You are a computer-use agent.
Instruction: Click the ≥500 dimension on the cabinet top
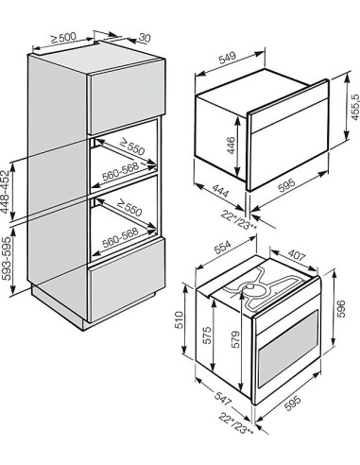(x=63, y=38)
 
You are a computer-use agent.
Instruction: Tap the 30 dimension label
(x=145, y=38)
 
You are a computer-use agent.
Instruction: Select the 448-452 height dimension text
(x=6, y=192)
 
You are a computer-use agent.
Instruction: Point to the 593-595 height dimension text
(x=6, y=258)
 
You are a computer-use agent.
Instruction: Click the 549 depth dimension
(x=227, y=59)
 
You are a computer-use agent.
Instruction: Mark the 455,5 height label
(x=355, y=107)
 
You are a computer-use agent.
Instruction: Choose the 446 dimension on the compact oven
(x=231, y=146)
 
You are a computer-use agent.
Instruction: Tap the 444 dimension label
(x=220, y=191)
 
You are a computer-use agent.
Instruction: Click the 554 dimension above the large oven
(x=223, y=248)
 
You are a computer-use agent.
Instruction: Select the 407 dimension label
(x=297, y=255)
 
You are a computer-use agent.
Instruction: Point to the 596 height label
(x=341, y=309)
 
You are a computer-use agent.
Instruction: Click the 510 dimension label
(x=179, y=319)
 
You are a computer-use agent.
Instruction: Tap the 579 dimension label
(x=235, y=339)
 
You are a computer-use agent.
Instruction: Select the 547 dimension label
(x=223, y=399)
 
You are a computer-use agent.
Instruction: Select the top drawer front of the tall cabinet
(x=127, y=97)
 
